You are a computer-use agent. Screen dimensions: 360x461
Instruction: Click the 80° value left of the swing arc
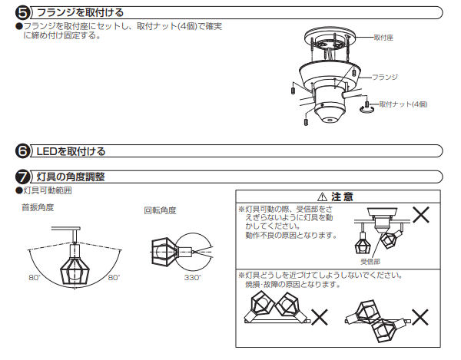34,276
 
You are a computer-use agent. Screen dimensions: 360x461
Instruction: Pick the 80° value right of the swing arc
114,276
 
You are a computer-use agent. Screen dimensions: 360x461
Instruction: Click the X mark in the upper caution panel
421,214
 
